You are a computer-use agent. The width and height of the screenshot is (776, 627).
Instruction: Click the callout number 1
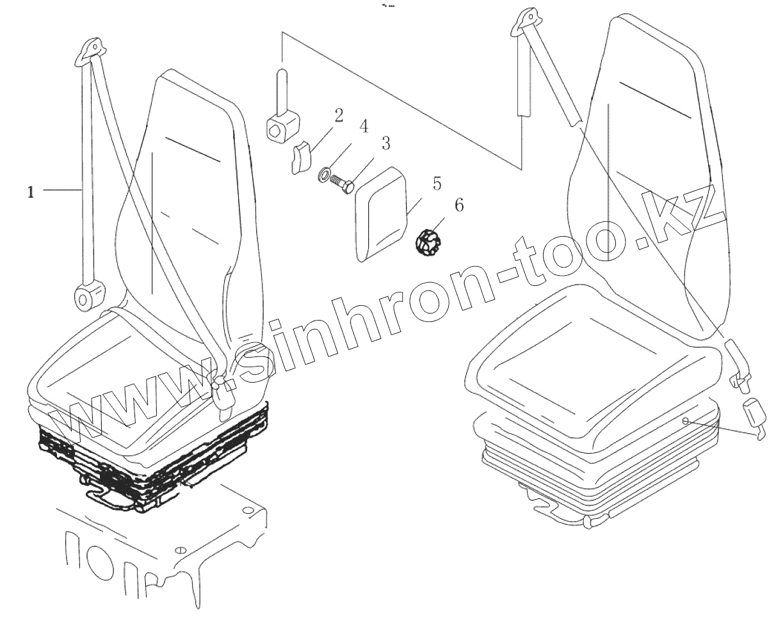[30, 191]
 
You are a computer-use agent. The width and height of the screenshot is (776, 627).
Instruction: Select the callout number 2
[338, 115]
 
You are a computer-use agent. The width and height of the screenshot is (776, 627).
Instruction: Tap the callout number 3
[385, 143]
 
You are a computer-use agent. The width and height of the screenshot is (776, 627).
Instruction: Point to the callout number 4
[363, 126]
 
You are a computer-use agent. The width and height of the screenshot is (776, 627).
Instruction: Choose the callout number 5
[436, 184]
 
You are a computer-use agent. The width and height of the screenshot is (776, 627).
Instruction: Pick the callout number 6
[459, 205]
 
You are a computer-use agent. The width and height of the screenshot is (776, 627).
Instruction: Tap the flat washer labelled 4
[324, 173]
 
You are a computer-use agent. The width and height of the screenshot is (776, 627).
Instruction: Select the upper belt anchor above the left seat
[92, 51]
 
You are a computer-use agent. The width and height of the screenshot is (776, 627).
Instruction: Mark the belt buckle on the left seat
[223, 394]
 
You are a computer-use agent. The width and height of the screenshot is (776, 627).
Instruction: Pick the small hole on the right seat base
[685, 421]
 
